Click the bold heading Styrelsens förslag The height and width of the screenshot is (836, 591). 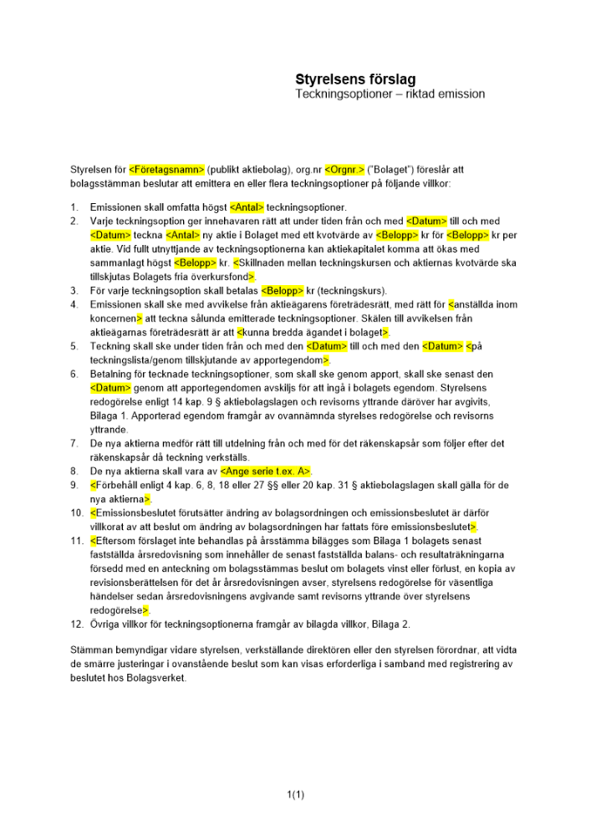click(355, 79)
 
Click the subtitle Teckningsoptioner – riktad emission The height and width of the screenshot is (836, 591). click(390, 94)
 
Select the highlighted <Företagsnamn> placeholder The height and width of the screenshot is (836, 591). click(167, 169)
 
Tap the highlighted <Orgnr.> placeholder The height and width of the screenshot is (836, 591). click(344, 169)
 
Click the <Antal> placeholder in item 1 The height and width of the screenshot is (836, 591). click(247, 206)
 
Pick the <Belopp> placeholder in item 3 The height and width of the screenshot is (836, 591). click(283, 291)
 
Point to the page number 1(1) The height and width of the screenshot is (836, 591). click(295, 795)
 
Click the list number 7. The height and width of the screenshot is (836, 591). click(74, 442)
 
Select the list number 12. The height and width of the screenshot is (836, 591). click(76, 624)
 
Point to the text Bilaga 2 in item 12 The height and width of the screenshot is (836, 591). click(389, 624)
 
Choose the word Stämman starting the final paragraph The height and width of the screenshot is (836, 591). click(90, 650)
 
